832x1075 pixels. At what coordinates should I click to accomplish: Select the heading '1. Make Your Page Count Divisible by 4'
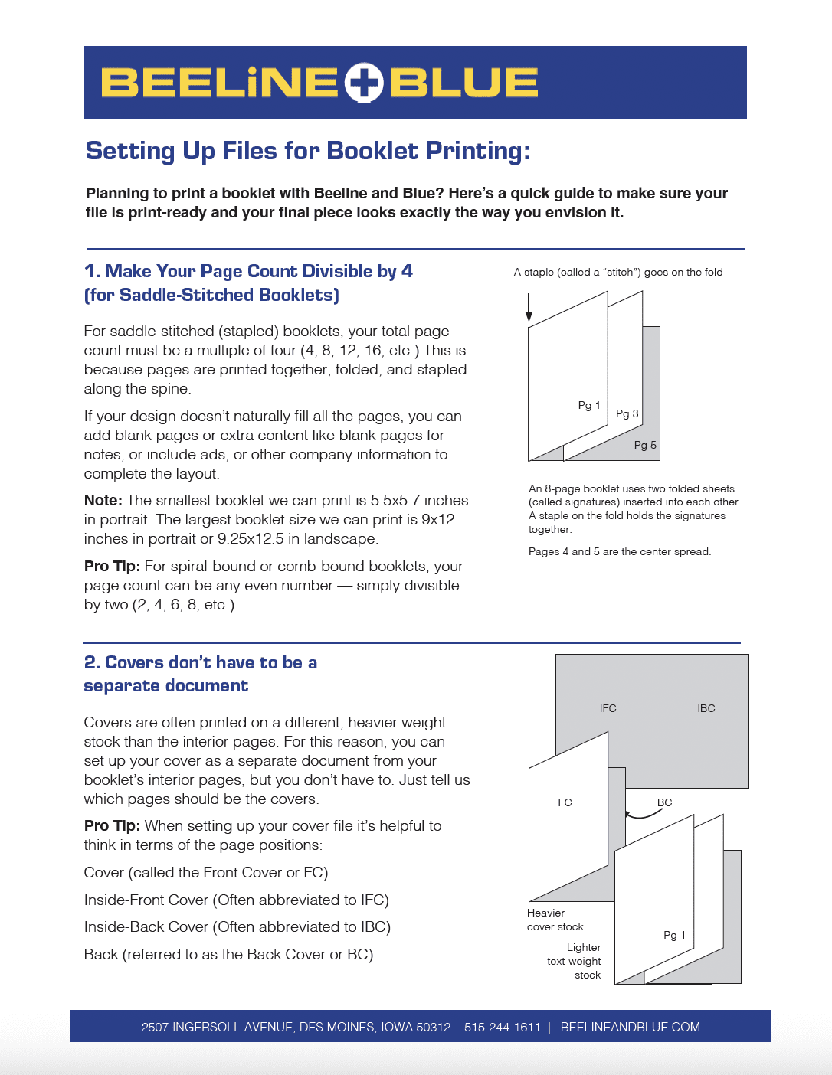[x=248, y=271]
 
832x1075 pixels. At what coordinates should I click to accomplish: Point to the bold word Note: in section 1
[x=103, y=501]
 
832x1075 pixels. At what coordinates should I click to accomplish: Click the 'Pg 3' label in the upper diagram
[x=627, y=413]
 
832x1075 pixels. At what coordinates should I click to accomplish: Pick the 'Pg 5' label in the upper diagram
[x=645, y=445]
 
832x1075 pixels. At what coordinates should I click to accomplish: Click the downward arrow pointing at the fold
[x=529, y=307]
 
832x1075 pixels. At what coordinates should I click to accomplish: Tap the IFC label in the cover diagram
[x=608, y=708]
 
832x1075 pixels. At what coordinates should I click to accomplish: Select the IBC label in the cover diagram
[x=706, y=708]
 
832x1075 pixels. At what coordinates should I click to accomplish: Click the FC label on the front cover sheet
[x=565, y=802]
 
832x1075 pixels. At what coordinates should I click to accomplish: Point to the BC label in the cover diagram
[x=664, y=802]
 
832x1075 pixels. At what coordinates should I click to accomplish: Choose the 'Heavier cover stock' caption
[x=555, y=920]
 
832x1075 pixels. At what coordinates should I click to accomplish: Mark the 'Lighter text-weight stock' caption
[x=575, y=961]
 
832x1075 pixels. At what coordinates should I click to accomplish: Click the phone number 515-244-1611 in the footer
[x=503, y=1027]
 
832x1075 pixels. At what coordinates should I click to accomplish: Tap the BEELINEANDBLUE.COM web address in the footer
[x=630, y=1027]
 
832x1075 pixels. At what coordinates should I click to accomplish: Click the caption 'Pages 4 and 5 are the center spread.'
[x=619, y=551]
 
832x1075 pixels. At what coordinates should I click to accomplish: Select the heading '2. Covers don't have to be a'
[x=200, y=662]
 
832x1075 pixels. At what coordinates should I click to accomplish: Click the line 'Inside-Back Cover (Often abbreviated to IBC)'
[x=237, y=926]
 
